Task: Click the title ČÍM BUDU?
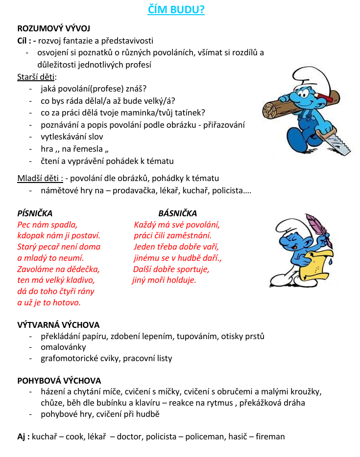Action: [x=176, y=10]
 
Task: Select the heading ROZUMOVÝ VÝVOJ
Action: [x=53, y=29]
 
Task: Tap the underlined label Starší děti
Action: [x=36, y=77]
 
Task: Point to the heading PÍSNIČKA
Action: [x=35, y=213]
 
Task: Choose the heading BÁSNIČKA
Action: [x=177, y=213]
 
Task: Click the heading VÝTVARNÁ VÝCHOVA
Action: [x=58, y=325]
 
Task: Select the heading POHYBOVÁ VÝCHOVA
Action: [x=59, y=380]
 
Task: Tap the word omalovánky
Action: [x=63, y=347]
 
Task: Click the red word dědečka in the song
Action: [x=83, y=269]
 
